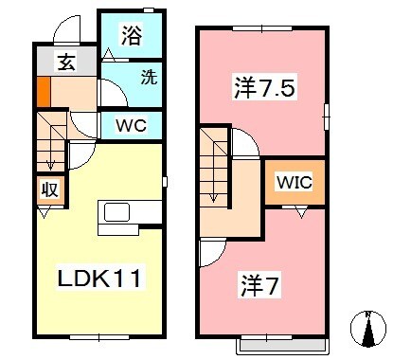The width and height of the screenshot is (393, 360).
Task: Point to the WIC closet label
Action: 295,182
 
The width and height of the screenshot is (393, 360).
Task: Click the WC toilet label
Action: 132,124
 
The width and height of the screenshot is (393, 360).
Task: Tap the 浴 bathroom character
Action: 131,38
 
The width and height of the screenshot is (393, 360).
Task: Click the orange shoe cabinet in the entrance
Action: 43,93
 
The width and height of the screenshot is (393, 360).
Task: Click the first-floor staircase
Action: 51,140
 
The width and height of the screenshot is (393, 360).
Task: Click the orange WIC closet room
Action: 295,182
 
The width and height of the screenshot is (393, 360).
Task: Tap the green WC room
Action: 132,124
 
